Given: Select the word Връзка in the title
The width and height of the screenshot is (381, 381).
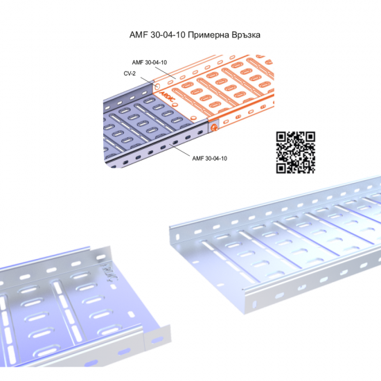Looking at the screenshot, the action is [x=246, y=35].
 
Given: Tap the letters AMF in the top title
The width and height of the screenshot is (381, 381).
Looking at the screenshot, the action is [x=139, y=35].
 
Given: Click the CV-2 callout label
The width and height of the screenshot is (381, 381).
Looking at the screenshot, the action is [x=130, y=73].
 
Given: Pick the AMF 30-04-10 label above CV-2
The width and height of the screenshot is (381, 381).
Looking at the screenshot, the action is [x=150, y=62].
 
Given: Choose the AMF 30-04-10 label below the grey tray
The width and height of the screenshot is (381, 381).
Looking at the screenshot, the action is [x=209, y=159].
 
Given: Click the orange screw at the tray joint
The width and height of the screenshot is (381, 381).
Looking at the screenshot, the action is [x=214, y=127].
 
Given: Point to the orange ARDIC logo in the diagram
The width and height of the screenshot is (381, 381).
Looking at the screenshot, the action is [x=166, y=96].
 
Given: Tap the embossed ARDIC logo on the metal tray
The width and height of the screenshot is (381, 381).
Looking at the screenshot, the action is [x=109, y=270].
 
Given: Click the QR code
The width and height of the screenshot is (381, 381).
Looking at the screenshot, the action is [x=296, y=152].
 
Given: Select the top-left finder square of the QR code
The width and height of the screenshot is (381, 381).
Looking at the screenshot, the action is [x=281, y=136].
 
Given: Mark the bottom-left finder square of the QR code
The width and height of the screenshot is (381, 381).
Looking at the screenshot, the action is [x=281, y=168].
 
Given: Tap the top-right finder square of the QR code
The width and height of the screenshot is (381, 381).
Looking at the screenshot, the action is [x=310, y=136].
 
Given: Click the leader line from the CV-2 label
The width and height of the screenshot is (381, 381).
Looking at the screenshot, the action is [x=148, y=81].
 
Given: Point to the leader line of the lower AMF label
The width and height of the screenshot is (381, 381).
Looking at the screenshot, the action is [x=180, y=150].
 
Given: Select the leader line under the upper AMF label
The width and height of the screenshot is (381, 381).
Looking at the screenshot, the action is [x=166, y=73].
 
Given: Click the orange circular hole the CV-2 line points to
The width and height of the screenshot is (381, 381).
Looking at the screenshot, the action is [x=157, y=86].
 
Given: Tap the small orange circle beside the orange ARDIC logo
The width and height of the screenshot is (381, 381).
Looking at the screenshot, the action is [x=175, y=105].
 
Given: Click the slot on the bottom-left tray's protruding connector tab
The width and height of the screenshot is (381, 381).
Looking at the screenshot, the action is [x=157, y=339].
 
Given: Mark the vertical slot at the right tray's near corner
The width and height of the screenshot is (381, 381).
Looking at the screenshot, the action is [x=254, y=303].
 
